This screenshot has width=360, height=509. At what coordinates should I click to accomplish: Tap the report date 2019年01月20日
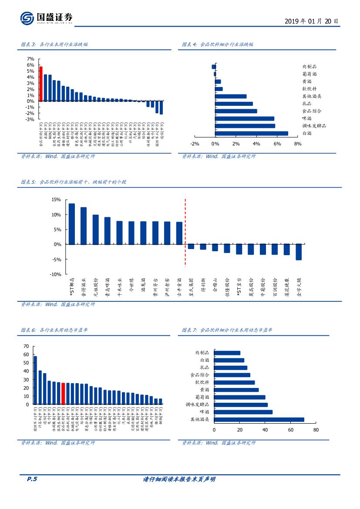point(311,21)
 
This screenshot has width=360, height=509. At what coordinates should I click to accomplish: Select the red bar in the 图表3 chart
point(40,84)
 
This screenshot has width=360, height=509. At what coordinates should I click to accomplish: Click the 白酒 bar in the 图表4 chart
point(252,133)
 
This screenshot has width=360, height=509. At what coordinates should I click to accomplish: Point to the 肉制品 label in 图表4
point(310,67)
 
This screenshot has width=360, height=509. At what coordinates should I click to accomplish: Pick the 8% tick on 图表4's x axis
point(298,144)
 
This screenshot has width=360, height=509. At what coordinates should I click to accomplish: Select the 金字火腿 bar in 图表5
point(299,252)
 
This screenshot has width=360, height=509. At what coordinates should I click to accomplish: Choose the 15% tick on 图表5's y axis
point(56,199)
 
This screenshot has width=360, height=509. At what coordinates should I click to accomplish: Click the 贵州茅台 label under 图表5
point(155,287)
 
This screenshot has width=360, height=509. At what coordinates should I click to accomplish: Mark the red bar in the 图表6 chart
point(63,394)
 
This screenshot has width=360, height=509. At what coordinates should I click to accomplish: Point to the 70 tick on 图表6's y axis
point(26,347)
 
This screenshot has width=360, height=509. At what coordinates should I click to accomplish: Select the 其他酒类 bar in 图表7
point(259,420)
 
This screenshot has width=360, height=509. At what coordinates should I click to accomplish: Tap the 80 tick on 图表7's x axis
point(316,430)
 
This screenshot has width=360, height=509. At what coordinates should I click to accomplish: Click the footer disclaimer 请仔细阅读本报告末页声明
point(179,479)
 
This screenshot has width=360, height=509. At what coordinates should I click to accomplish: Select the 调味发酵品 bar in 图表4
point(245,126)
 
